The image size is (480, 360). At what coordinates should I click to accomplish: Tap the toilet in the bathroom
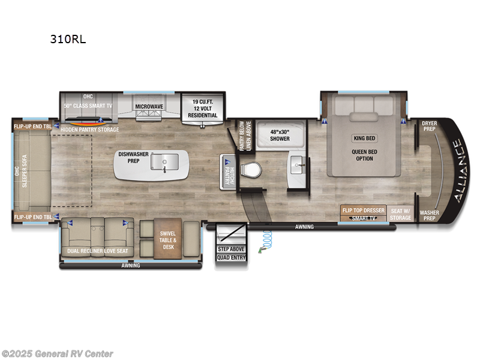click(251, 170)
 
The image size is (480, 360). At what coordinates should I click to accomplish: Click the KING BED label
click(364, 138)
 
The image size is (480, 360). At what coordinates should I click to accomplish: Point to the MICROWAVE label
click(149, 106)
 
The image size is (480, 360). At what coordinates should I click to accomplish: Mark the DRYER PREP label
click(430, 127)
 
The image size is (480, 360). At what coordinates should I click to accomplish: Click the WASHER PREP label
click(429, 215)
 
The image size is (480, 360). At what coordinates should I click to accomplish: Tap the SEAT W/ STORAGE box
click(400, 214)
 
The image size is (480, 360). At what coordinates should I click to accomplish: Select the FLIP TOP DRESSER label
click(364, 211)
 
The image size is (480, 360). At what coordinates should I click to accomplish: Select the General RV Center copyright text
click(58, 353)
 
